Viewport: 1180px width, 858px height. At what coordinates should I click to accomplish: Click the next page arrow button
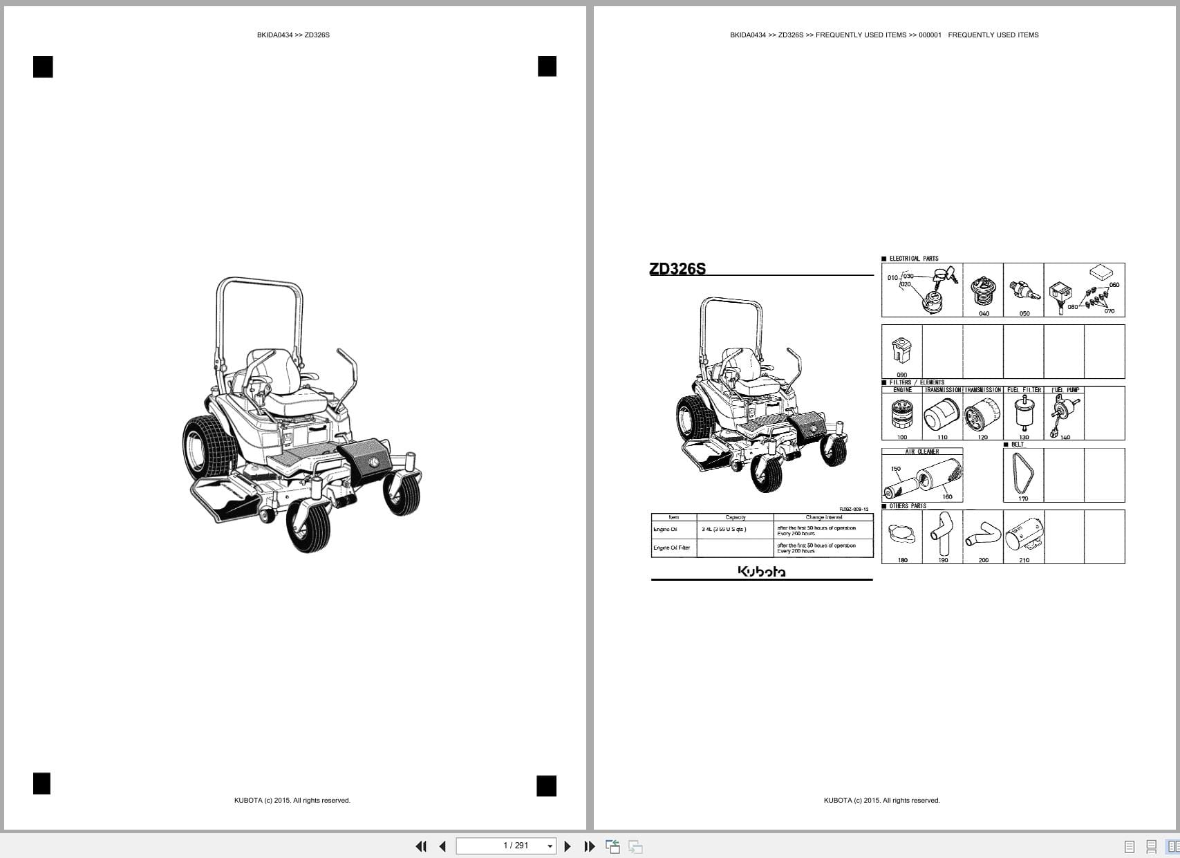568,846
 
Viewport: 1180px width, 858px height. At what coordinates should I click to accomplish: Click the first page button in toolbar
420,846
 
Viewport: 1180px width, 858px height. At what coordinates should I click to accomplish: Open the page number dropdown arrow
550,846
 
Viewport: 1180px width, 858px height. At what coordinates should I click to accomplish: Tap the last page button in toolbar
590,846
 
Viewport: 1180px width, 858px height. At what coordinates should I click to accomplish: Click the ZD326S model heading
677,269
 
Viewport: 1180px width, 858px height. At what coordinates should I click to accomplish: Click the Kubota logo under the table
762,572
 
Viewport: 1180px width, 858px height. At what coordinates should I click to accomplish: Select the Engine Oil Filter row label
672,548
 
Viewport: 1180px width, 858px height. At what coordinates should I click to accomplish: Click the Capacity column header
735,517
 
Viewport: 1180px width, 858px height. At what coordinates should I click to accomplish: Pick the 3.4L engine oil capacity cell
724,530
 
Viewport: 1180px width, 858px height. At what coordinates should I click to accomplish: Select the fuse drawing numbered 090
901,351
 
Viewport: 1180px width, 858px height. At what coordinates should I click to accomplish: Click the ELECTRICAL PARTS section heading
914,259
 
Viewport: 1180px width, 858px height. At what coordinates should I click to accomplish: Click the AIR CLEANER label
922,451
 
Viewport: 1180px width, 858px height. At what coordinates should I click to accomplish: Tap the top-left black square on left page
43,67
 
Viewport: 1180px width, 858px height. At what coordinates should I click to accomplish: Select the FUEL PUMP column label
1065,390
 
